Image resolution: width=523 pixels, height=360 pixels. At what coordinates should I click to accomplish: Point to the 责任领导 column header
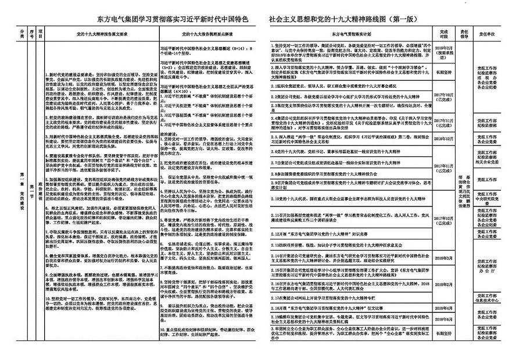coord(464,32)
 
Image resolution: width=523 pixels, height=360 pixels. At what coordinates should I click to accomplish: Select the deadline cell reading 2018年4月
coord(444,308)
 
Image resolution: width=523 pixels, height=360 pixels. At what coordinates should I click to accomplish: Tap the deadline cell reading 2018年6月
coord(444,319)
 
